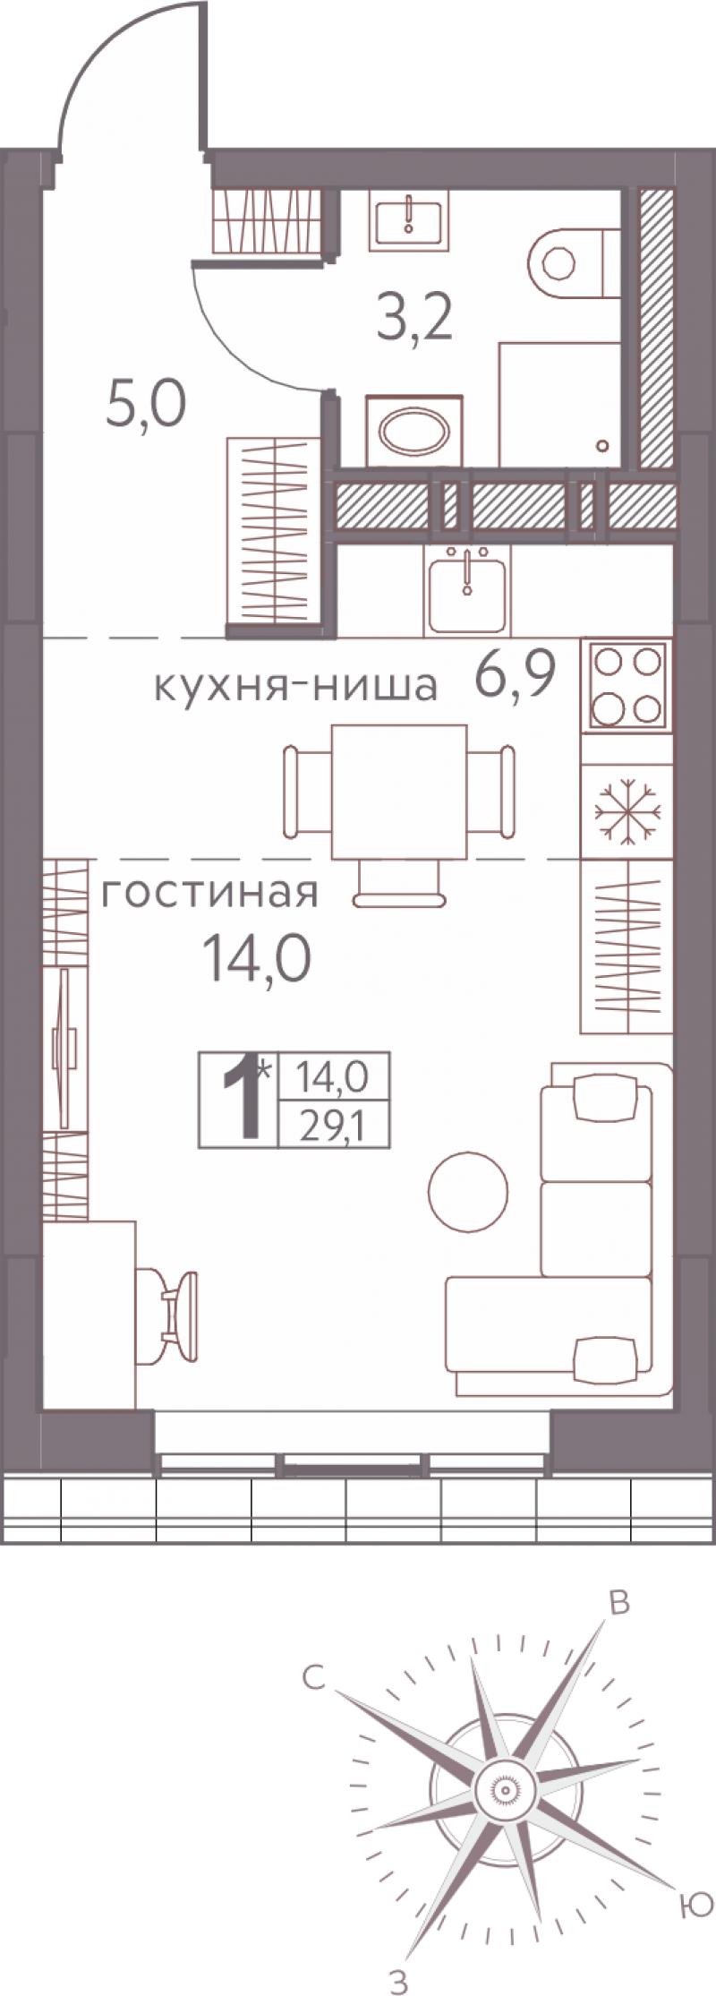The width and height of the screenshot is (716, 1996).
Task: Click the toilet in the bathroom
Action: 574,263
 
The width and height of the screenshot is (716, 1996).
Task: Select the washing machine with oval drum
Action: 414,433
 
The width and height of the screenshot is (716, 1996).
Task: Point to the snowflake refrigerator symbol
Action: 627,811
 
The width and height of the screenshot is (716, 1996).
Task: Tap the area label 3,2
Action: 413,319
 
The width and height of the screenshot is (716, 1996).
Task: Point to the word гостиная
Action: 209,894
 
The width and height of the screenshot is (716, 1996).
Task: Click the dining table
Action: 399,791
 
